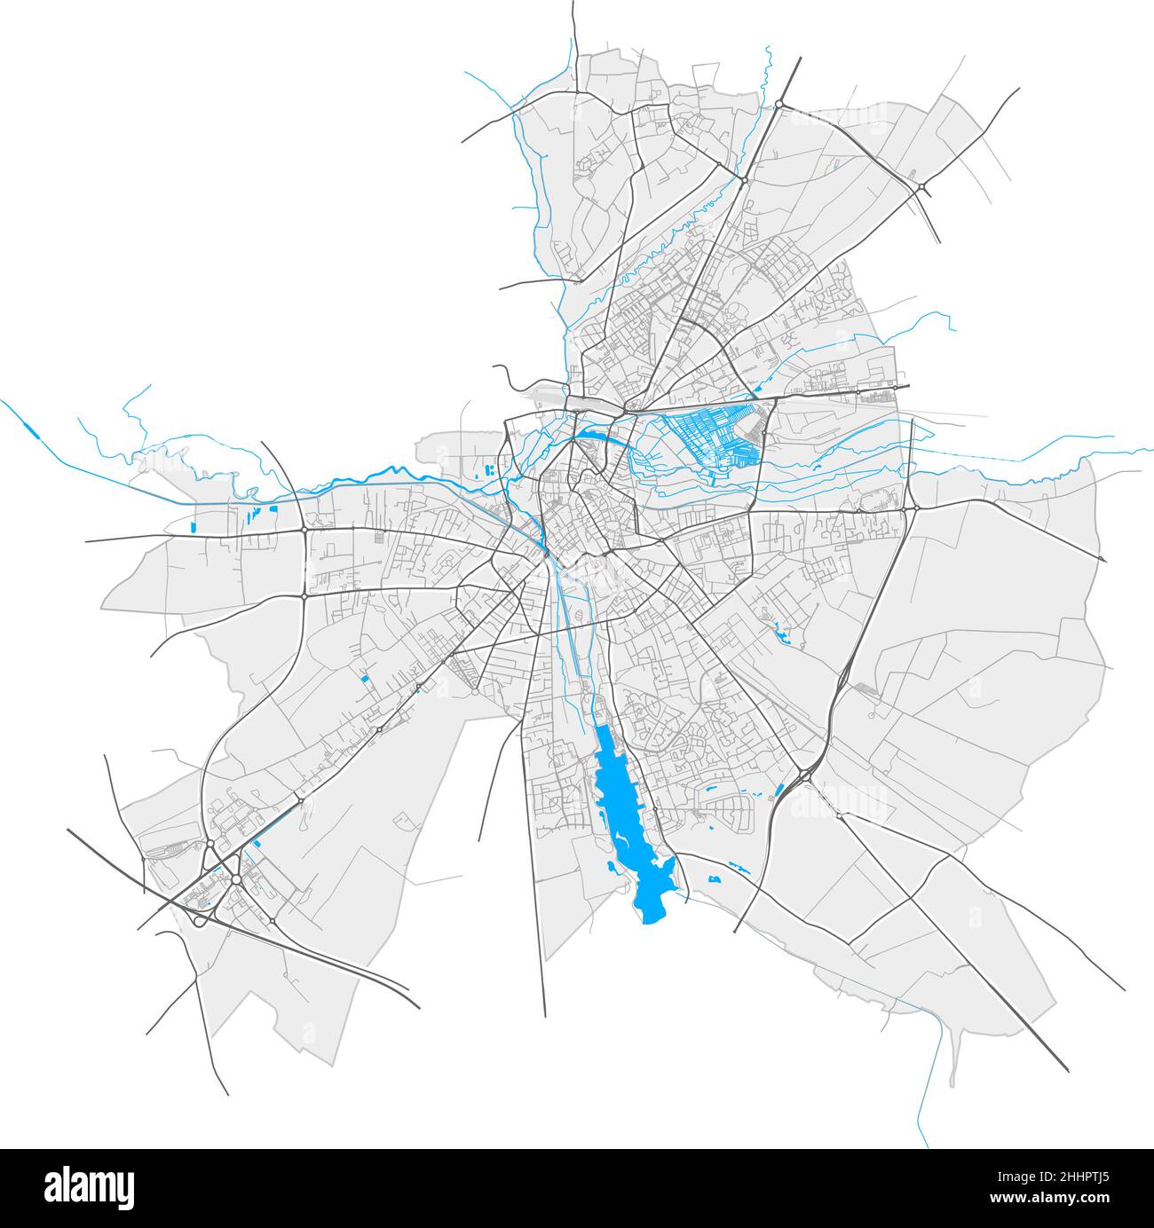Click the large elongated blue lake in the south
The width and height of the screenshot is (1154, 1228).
coord(632,816)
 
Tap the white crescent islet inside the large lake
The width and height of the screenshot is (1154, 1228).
coord(621,838)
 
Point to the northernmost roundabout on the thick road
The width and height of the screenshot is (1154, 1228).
coord(779,105)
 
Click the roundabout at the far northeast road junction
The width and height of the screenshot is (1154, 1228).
coord(923,186)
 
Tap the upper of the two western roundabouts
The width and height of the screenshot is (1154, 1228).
coord(304,530)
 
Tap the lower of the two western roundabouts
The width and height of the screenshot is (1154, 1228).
coord(304,597)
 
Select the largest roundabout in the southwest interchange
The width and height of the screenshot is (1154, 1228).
coord(237,879)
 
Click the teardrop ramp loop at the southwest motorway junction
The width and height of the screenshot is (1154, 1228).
coord(199,921)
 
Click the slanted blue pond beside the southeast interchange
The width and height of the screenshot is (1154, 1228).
coord(779,791)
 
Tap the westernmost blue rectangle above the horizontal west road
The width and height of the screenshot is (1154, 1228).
coord(193,527)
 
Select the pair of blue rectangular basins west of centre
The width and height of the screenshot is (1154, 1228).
coord(487,468)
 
